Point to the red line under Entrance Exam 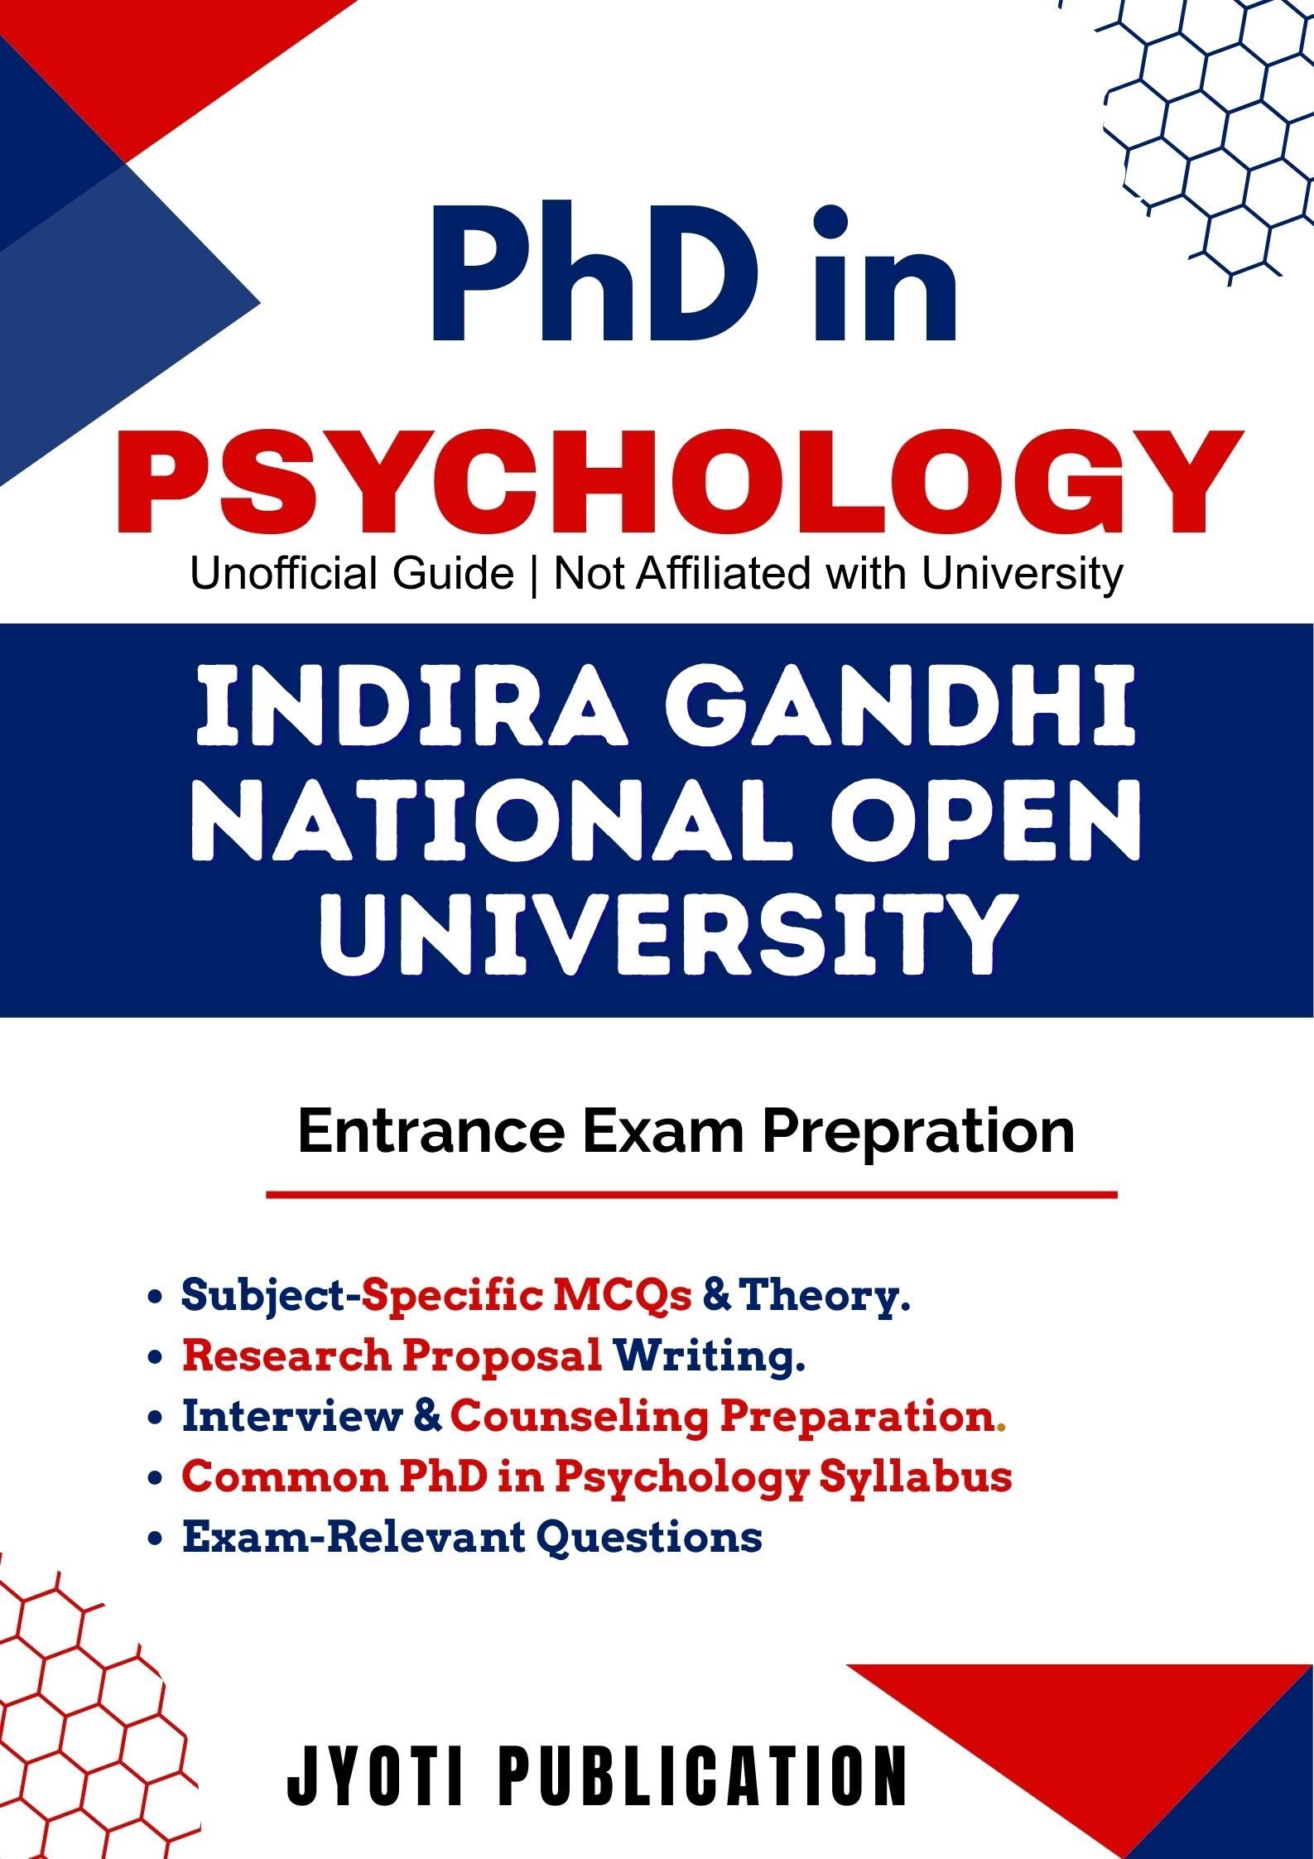[x=691, y=1195]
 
